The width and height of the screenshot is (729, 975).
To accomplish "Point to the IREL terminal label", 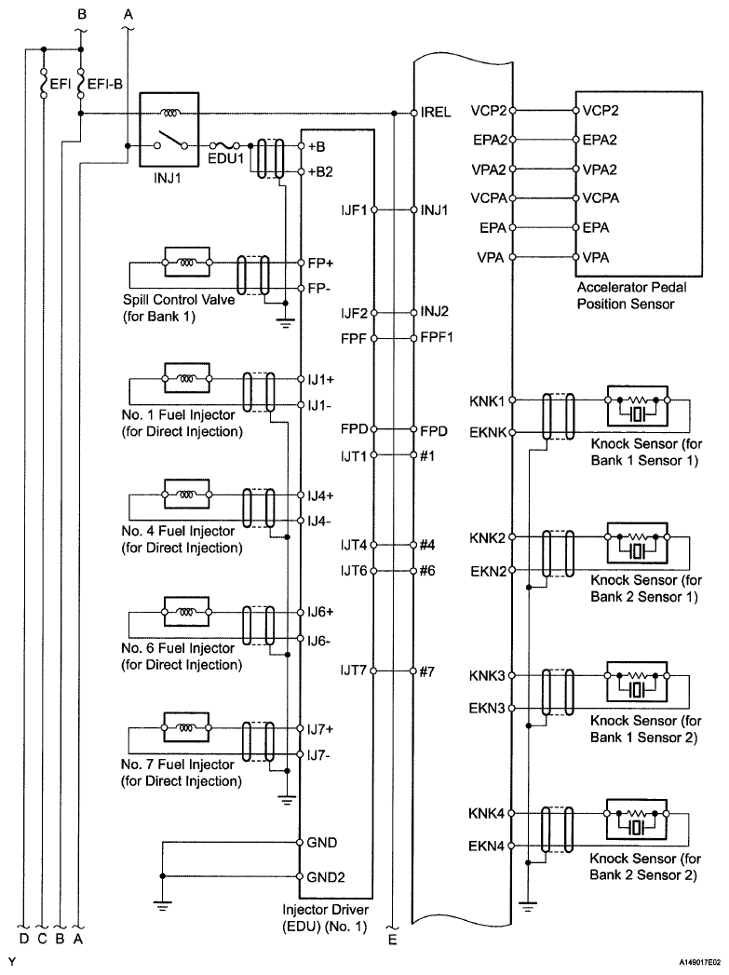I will coord(436,112).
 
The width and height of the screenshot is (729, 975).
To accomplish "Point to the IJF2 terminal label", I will coord(355,313).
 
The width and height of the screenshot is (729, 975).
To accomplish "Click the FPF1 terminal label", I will coord(437,337).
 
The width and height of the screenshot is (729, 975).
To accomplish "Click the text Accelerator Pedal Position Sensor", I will coord(626,296).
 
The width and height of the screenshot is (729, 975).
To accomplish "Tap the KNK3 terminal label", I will coord(488,674).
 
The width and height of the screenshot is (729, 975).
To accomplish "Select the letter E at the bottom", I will coord(393,940).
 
